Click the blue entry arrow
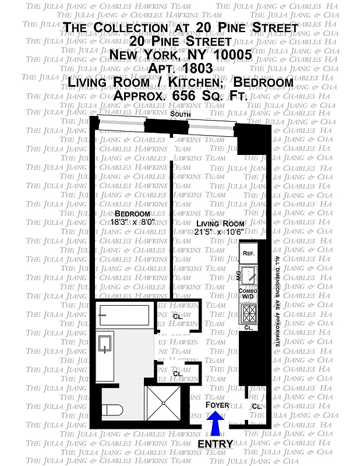215,424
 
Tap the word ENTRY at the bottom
215,444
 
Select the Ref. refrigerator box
248,253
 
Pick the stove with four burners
249,315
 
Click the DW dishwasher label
238,274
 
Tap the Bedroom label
132,214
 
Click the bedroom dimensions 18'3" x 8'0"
132,223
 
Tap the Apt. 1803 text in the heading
180,68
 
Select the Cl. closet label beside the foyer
256,406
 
